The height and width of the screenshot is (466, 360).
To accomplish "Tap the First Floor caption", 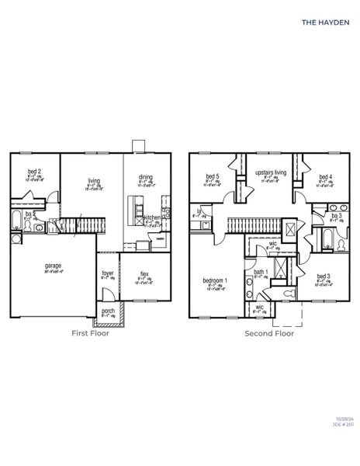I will coord(91,333).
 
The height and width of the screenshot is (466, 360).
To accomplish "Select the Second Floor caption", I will coord(268,333).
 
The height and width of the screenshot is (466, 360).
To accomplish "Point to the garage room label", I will coord(54,266).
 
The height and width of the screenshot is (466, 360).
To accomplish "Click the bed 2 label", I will coord(34,171).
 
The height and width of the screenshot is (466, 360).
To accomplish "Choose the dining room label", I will coord(145,176).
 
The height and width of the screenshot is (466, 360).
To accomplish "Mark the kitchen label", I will coord(151,217).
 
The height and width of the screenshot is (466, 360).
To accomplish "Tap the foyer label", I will coord(109,273).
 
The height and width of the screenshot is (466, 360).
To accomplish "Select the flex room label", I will coord(144,274).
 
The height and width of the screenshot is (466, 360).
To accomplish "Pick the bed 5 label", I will coord(213,176).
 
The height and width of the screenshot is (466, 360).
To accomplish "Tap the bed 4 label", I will coord(325,176).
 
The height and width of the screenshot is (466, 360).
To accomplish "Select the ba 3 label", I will coord(336,216).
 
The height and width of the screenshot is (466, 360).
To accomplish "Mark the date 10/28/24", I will coord(341,440).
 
